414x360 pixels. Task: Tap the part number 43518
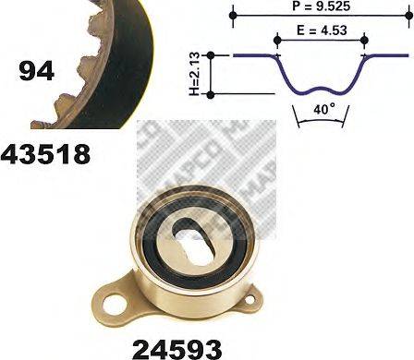(x=46, y=153)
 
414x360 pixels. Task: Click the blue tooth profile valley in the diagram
(x=320, y=90)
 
